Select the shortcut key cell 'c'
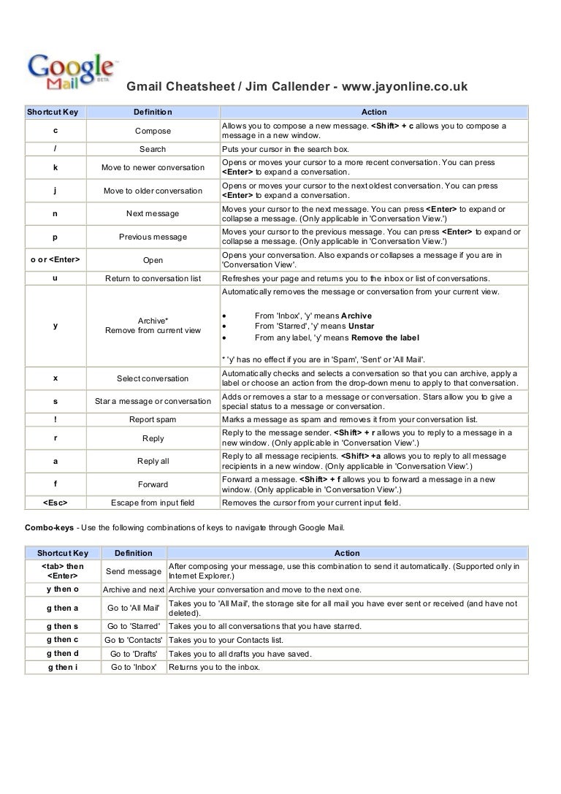click(x=56, y=131)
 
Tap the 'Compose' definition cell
click(x=153, y=131)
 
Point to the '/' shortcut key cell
click(x=56, y=149)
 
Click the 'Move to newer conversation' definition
click(x=153, y=167)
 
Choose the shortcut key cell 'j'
click(x=56, y=191)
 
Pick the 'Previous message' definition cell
click(x=153, y=237)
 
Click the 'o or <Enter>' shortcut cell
click(x=56, y=259)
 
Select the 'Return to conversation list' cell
click(x=153, y=278)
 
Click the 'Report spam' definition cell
click(x=153, y=420)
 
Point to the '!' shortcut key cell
click(x=56, y=420)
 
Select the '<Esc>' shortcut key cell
click(x=56, y=503)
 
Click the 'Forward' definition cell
click(x=153, y=484)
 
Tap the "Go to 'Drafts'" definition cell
click(x=133, y=654)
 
